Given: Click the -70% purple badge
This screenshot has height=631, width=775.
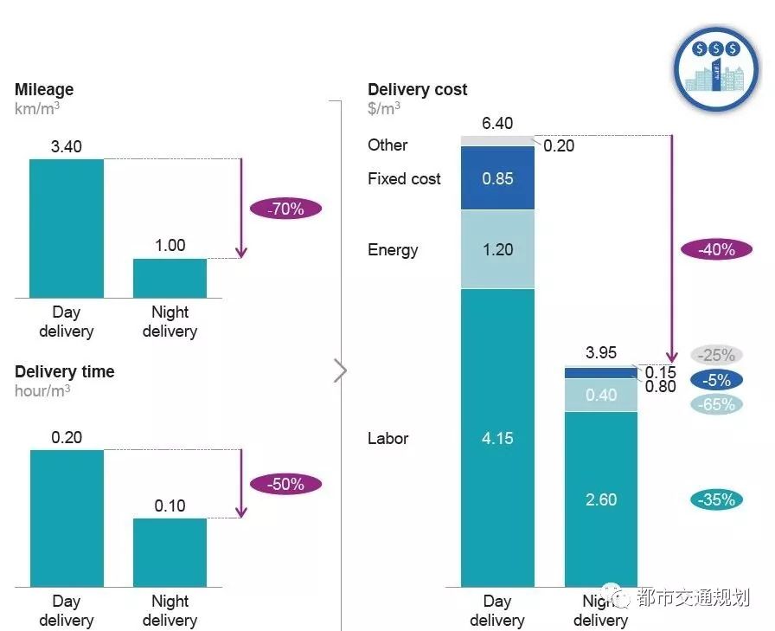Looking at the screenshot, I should pyautogui.click(x=285, y=209).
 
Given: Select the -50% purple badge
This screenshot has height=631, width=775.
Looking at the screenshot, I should pyautogui.click(x=285, y=484).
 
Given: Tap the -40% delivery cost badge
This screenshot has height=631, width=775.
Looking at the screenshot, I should pyautogui.click(x=717, y=249).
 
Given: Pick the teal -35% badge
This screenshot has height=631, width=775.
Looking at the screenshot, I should pyautogui.click(x=717, y=499).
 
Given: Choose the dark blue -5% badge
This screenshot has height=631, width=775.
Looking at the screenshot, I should pyautogui.click(x=717, y=380).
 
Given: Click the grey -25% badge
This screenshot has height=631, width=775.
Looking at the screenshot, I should pyautogui.click(x=717, y=355).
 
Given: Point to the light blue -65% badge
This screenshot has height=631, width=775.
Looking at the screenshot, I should pyautogui.click(x=717, y=404).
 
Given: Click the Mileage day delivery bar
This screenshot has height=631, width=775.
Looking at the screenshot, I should pyautogui.click(x=67, y=229).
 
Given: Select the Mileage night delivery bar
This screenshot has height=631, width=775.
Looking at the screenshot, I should pyautogui.click(x=170, y=278).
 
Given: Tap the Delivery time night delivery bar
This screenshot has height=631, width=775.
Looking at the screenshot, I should pyautogui.click(x=170, y=552).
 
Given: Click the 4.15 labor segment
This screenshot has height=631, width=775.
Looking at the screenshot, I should pyautogui.click(x=497, y=438).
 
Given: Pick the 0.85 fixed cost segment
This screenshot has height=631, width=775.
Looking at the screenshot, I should pyautogui.click(x=497, y=178).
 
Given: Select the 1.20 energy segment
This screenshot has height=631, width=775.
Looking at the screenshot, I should pyautogui.click(x=497, y=249).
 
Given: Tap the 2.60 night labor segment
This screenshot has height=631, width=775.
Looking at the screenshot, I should pyautogui.click(x=600, y=499).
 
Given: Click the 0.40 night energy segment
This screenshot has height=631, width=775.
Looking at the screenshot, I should pyautogui.click(x=600, y=395).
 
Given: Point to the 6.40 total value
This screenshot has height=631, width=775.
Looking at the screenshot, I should pyautogui.click(x=497, y=124).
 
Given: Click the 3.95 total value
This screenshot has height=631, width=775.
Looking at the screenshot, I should pyautogui.click(x=600, y=353).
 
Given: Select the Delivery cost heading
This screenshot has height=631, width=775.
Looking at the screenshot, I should pyautogui.click(x=418, y=89).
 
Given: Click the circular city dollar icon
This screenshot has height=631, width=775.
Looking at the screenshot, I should pyautogui.click(x=714, y=68).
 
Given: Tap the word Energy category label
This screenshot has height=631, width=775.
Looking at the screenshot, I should pyautogui.click(x=393, y=250).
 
